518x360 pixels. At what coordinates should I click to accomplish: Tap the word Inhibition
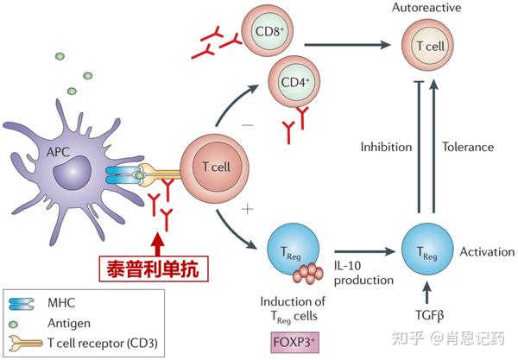385,147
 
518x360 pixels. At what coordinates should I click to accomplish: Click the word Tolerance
467,147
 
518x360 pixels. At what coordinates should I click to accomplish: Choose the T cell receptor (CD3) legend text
103,343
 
